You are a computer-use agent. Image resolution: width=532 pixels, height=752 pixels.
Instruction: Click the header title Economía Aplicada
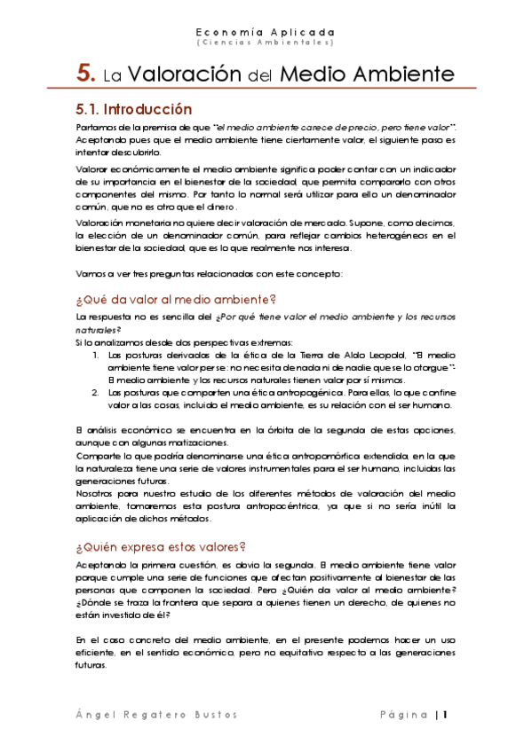[265, 29]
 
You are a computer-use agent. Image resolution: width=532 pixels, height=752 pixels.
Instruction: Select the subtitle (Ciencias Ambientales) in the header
[265, 42]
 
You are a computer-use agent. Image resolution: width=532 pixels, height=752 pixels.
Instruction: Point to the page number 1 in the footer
[447, 715]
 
